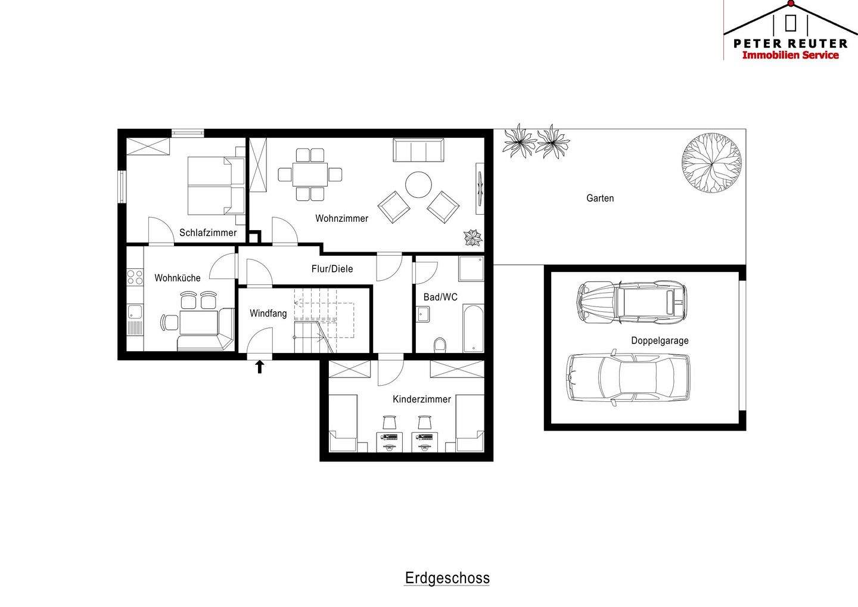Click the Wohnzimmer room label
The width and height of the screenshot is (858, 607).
341,218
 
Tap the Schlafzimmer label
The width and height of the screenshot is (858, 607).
208,233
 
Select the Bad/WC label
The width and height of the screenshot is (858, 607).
440,297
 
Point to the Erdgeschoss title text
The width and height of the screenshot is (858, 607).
447,578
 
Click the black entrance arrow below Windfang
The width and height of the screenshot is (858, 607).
260,366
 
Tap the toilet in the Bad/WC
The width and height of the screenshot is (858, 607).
440,345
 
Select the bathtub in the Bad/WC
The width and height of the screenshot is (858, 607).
474,328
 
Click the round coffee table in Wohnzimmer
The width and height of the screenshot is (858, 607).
418,184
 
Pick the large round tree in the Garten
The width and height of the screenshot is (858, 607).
711,163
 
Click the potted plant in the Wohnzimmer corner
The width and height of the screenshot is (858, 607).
472,237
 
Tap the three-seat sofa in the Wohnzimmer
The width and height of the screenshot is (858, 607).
418,150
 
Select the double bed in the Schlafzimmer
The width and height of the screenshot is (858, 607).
216,186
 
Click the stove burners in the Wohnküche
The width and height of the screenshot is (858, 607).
135,277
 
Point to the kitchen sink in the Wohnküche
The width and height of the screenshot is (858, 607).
135,312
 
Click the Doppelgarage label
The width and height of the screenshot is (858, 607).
660,340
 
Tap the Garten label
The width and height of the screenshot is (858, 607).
600,198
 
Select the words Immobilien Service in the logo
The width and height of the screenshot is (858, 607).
790,55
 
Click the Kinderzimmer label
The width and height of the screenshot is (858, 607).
422,399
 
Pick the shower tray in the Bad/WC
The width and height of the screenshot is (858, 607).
471,269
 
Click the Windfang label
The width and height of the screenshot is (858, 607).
268,314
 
